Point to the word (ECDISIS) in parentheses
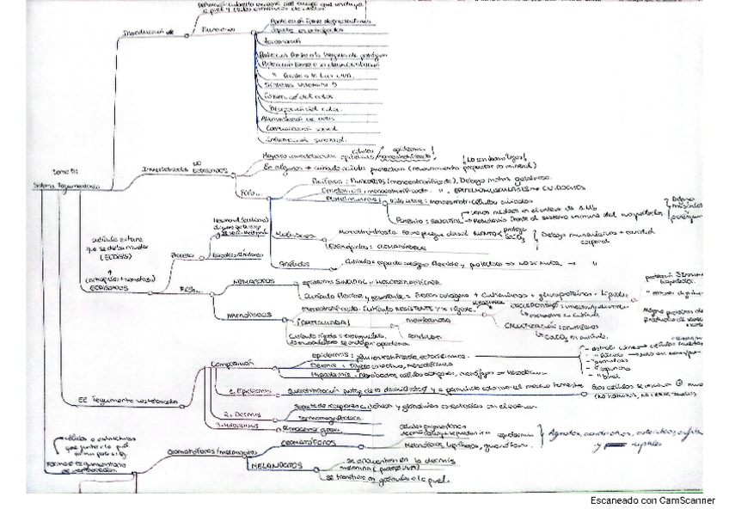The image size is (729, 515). tap(103, 256)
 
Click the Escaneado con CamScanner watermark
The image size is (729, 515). tap(652, 500)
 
